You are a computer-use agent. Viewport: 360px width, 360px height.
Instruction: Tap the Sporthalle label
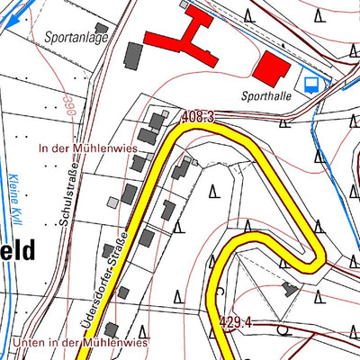click(x=265, y=94)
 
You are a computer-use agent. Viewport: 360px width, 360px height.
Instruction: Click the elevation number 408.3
click(x=197, y=117)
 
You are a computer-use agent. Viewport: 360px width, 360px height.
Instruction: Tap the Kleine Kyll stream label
click(x=15, y=202)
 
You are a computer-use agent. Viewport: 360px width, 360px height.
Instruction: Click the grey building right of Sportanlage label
click(x=132, y=54)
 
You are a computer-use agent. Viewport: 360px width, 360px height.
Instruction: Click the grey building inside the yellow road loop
click(x=289, y=288)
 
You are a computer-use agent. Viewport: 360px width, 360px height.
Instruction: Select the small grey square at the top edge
click(x=184, y=4)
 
